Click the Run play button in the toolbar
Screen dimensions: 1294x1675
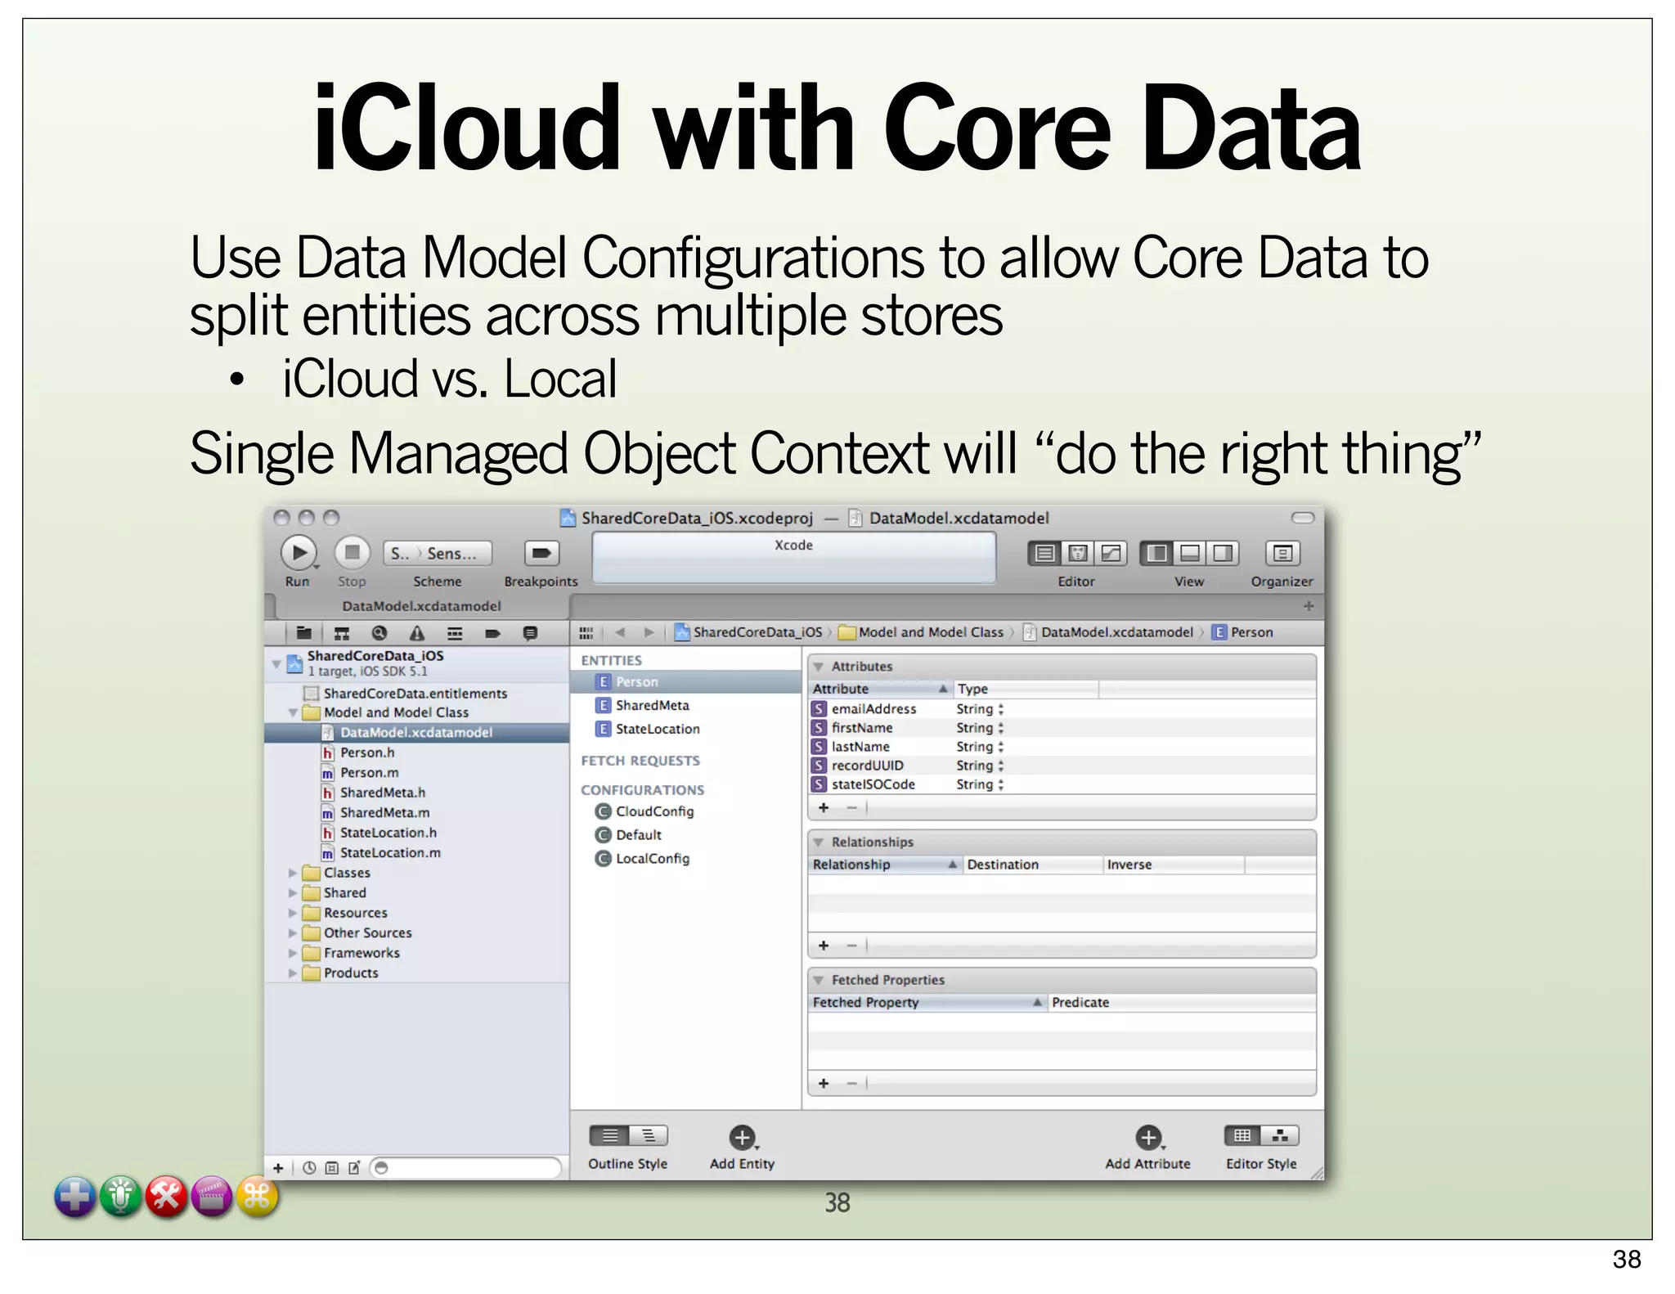point(299,553)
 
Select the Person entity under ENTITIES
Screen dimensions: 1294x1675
point(636,681)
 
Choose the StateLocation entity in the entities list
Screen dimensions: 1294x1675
point(657,729)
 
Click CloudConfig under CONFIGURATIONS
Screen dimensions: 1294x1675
point(653,811)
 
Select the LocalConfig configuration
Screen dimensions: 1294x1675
point(652,859)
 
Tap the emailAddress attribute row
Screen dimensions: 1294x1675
point(873,709)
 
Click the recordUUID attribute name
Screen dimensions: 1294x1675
point(867,766)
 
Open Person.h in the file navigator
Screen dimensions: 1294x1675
point(367,753)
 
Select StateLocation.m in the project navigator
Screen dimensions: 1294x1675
point(390,852)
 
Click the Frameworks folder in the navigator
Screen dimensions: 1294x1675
point(361,953)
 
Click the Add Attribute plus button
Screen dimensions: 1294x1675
point(1147,1137)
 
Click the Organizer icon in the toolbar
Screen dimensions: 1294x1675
point(1282,554)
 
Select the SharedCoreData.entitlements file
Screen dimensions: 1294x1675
point(415,694)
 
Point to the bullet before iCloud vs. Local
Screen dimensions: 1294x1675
point(237,380)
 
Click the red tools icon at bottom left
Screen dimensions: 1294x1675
point(166,1197)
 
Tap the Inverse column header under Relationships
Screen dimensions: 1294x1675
point(1129,865)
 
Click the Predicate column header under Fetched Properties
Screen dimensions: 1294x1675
point(1080,1003)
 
